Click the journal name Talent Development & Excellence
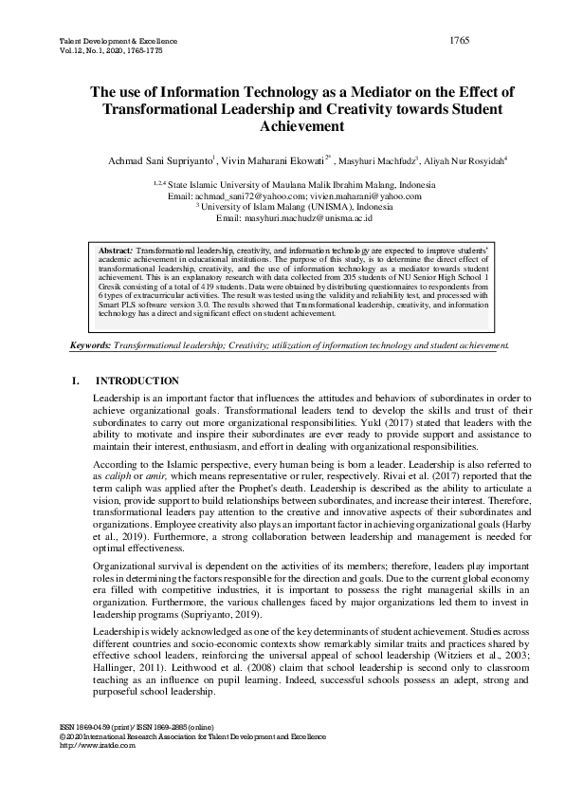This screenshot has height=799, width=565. pos(105,44)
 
